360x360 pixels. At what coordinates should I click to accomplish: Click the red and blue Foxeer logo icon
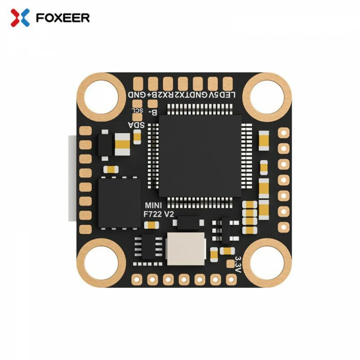coord(20,17)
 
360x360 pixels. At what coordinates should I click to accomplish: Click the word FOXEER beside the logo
coord(63,17)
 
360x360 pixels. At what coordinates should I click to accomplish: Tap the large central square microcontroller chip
coord(200,156)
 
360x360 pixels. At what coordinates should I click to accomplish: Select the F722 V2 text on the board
coord(158,214)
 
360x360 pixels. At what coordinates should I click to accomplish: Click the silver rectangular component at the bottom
coord(185,249)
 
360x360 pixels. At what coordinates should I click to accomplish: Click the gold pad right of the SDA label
coord(137,136)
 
